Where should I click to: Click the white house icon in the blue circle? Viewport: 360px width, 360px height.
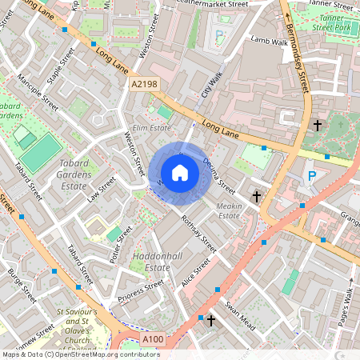[x=180, y=172]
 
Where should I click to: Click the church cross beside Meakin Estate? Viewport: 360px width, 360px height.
[x=257, y=196]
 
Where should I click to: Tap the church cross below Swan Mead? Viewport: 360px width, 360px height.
[x=211, y=322]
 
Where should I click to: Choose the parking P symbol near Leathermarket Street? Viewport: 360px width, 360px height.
[x=220, y=35]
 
